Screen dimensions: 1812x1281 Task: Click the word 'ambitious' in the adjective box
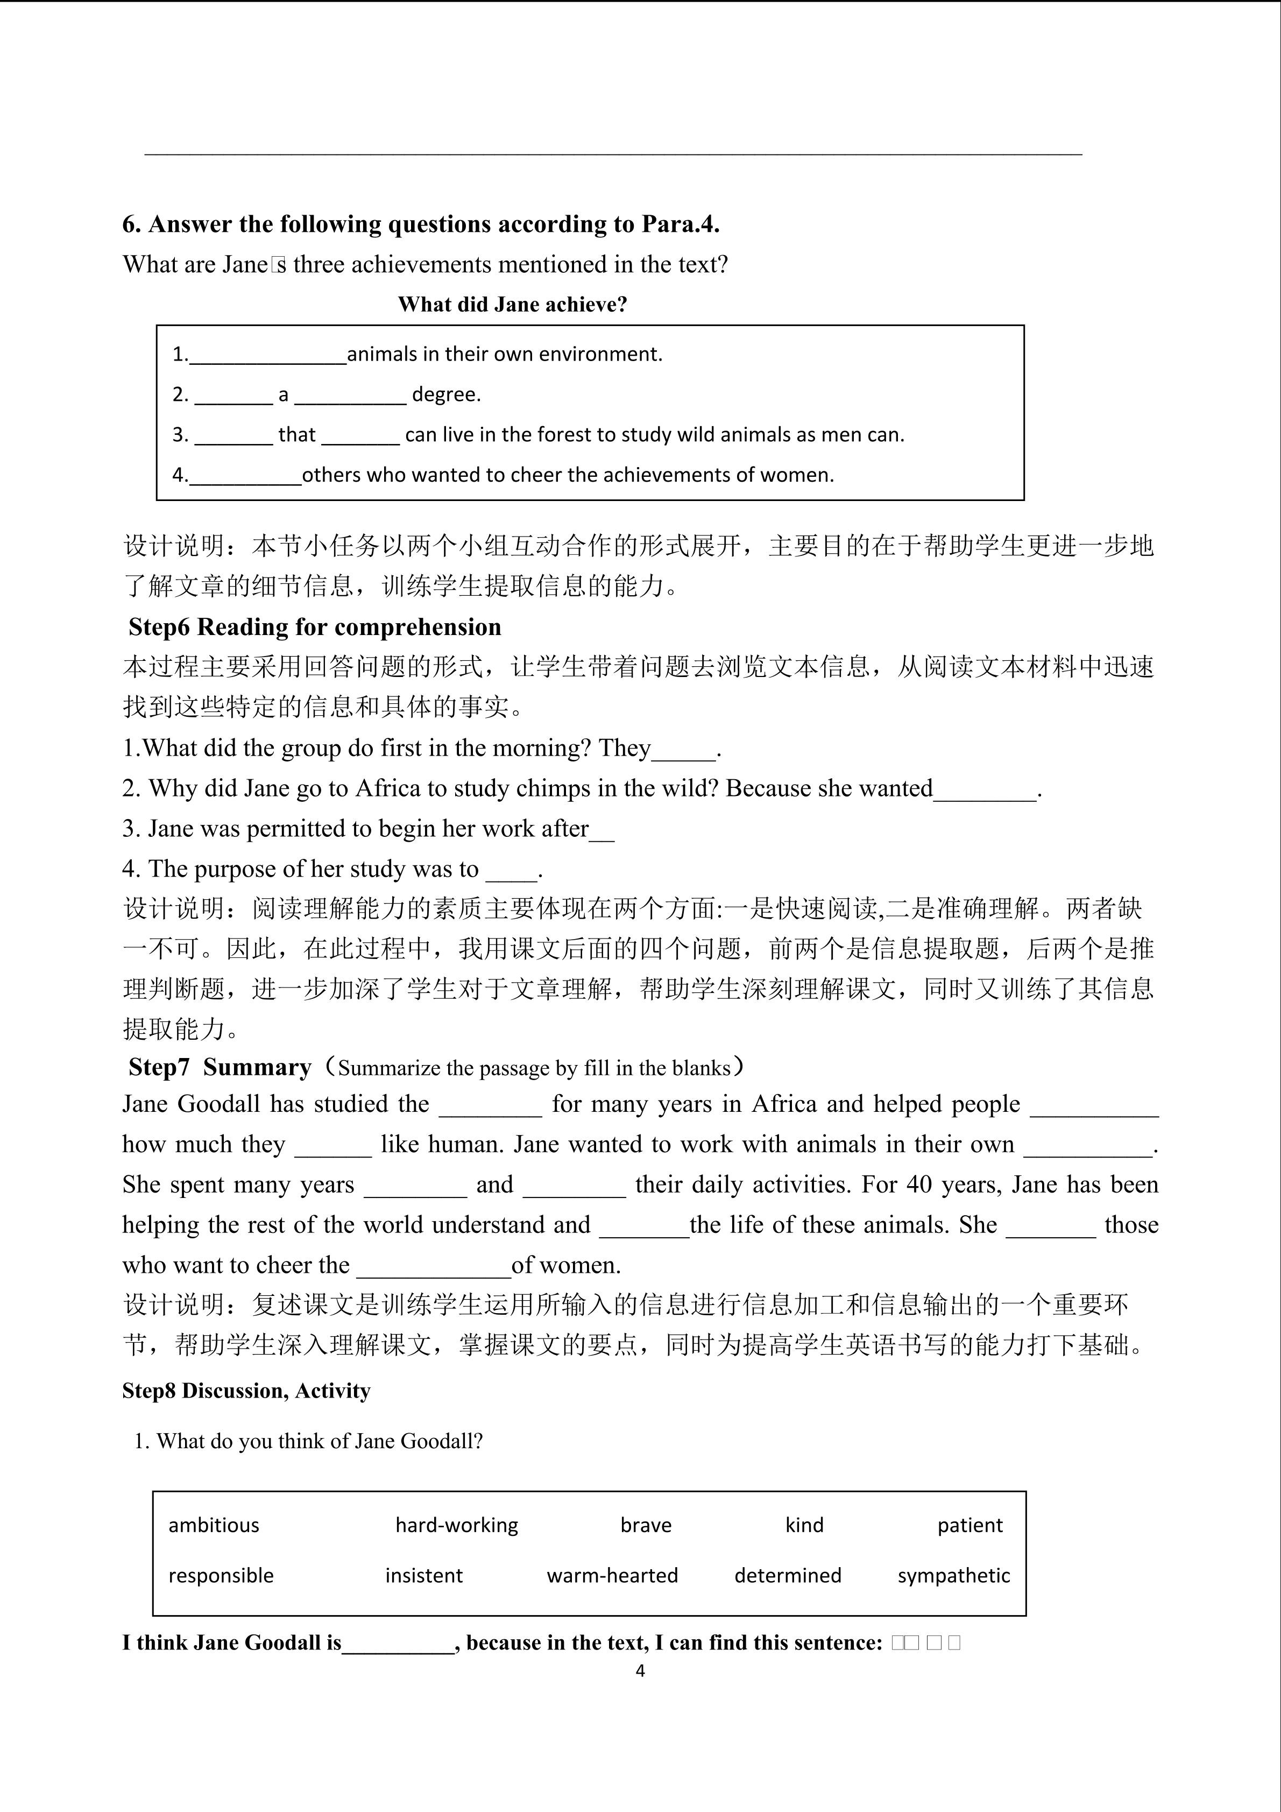(x=213, y=1526)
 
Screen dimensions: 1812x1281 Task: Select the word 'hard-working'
(x=457, y=1526)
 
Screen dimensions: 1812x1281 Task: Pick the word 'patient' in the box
(x=969, y=1526)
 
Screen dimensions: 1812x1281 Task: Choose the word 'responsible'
(x=221, y=1576)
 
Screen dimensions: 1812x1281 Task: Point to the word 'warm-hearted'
(x=612, y=1576)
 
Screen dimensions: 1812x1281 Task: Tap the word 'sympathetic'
(x=954, y=1576)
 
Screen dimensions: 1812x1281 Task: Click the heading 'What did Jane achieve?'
(x=512, y=305)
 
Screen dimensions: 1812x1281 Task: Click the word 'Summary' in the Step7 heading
(x=257, y=1068)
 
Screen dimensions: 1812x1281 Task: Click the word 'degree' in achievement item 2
(x=445, y=394)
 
